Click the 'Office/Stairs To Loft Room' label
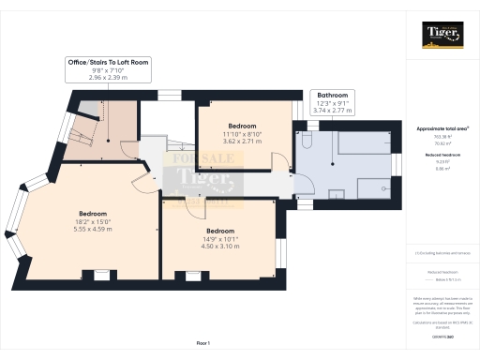[108, 62]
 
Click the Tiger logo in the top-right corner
[441, 37]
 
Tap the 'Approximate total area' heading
[441, 127]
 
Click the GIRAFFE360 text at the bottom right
[441, 335]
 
